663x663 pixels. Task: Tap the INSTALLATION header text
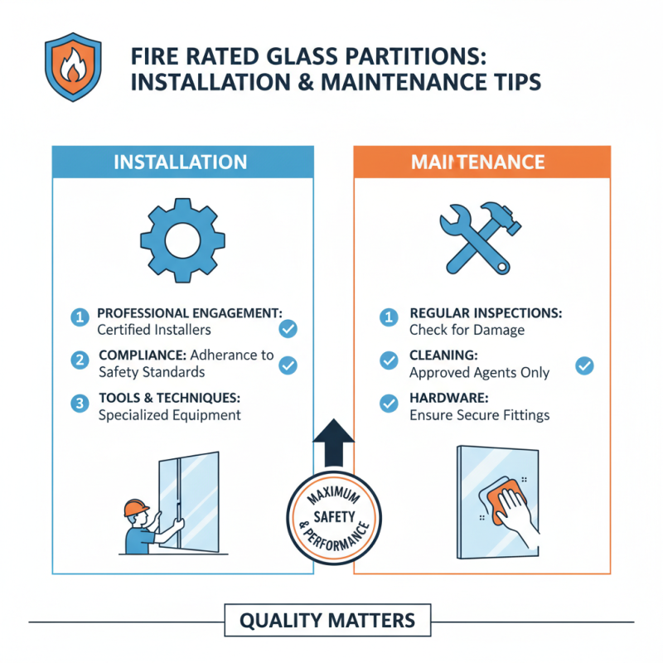click(180, 162)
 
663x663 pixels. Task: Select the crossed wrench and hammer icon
click(478, 238)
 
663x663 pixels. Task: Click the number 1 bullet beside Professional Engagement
click(80, 317)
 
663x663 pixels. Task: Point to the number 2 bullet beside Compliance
click(80, 360)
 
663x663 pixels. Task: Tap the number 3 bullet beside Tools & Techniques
click(80, 404)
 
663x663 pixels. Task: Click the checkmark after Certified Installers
click(288, 329)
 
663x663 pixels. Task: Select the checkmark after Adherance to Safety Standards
click(288, 365)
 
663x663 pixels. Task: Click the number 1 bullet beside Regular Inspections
click(388, 317)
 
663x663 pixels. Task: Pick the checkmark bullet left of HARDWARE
click(388, 404)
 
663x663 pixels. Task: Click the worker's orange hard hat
click(134, 507)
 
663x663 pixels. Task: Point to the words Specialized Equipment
click(169, 415)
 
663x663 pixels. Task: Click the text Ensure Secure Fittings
click(478, 415)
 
